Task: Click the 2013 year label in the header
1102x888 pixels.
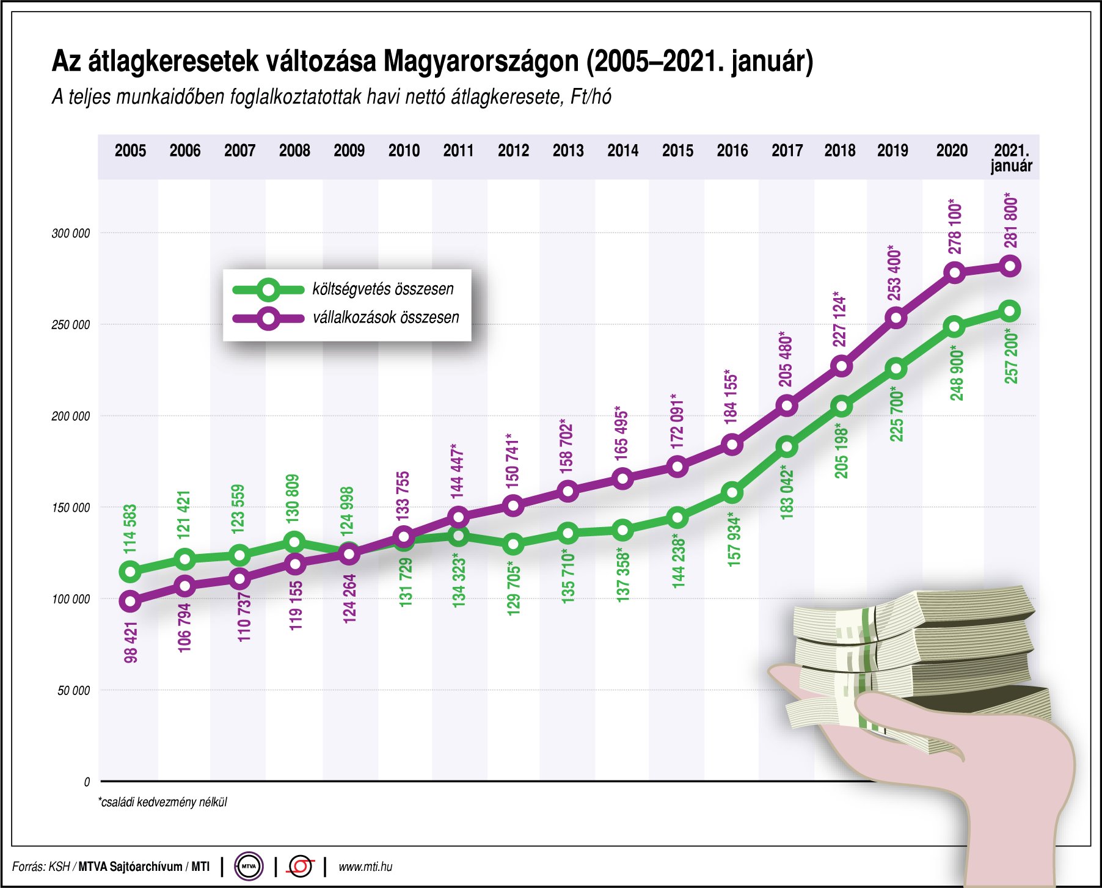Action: [x=567, y=151]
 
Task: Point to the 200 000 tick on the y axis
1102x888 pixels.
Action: [x=70, y=417]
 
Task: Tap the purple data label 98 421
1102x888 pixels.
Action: [x=131, y=642]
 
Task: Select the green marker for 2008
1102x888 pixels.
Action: [x=294, y=542]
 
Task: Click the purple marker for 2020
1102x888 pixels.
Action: [x=954, y=272]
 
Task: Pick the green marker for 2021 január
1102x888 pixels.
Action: [x=1010, y=311]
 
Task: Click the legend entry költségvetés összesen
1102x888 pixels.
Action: [x=382, y=289]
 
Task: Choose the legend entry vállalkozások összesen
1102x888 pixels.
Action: [x=385, y=318]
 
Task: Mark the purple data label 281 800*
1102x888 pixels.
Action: [x=1011, y=220]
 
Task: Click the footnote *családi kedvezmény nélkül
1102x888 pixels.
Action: [x=162, y=802]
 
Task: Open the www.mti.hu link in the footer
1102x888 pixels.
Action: [x=365, y=867]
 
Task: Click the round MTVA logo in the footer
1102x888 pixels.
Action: [x=249, y=867]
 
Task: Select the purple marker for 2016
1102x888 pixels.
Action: [x=732, y=444]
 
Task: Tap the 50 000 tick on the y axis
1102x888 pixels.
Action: [x=73, y=691]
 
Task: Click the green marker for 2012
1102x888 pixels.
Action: [x=513, y=544]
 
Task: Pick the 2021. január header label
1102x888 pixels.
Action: [x=1011, y=158]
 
